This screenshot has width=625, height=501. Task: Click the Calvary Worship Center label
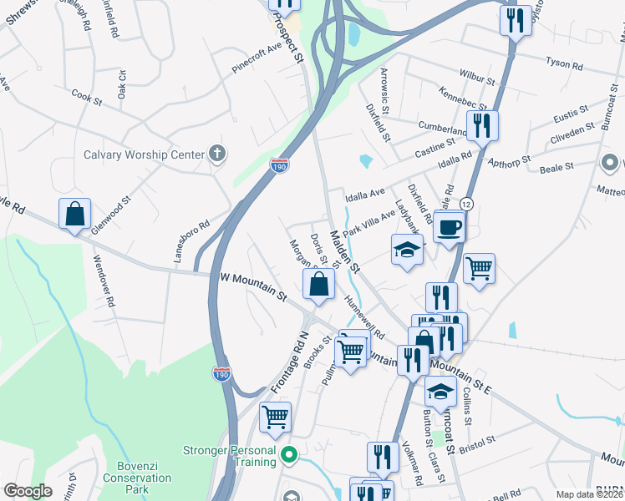tap(144, 154)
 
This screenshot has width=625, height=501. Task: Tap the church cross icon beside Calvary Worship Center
tap(217, 153)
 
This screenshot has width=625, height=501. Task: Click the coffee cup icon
tap(450, 225)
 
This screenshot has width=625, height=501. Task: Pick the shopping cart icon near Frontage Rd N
tap(275, 416)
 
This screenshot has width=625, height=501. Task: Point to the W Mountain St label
tap(253, 286)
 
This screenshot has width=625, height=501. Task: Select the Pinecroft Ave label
tap(257, 58)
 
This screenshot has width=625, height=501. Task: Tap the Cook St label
tap(86, 98)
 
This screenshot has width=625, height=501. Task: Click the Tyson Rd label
tap(562, 62)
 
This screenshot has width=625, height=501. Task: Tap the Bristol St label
tap(477, 438)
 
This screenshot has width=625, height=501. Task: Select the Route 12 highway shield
tap(465, 204)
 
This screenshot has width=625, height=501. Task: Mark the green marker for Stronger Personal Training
tap(289, 456)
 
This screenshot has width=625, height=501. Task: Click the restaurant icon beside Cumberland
tap(482, 125)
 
